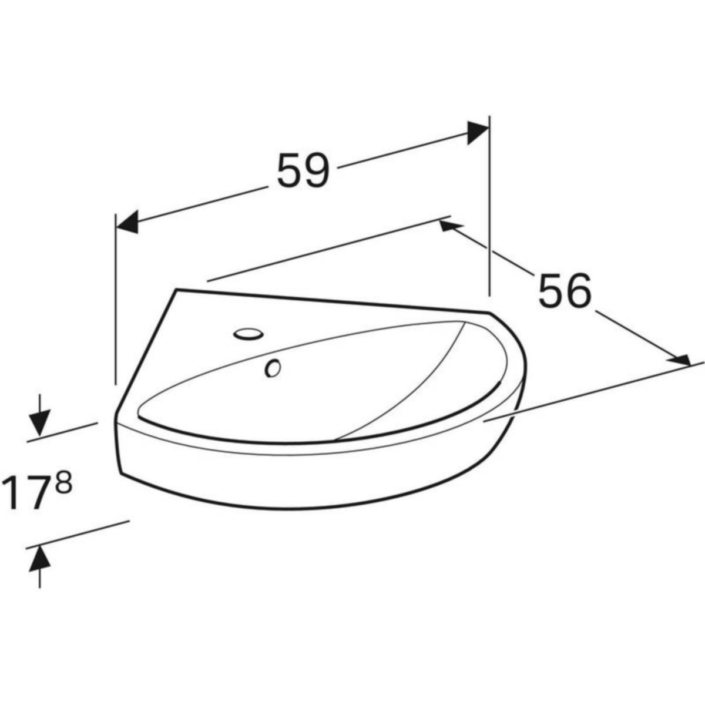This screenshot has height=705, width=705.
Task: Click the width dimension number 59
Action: [303, 171]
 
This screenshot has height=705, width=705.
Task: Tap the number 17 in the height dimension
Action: [27, 493]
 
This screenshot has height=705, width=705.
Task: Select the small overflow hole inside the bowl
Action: [273, 368]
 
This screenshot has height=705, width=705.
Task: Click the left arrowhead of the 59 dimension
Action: [127, 223]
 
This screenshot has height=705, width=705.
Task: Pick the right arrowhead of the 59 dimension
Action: [478, 132]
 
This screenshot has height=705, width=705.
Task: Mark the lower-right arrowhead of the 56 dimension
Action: [679, 360]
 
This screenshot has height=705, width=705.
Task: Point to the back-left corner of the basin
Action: [177, 289]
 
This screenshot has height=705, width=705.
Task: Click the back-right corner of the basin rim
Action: [490, 311]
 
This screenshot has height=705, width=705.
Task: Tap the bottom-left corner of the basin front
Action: [121, 474]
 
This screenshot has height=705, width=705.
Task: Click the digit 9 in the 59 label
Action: [317, 171]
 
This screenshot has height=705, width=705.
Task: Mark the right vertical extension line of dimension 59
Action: [489, 206]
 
